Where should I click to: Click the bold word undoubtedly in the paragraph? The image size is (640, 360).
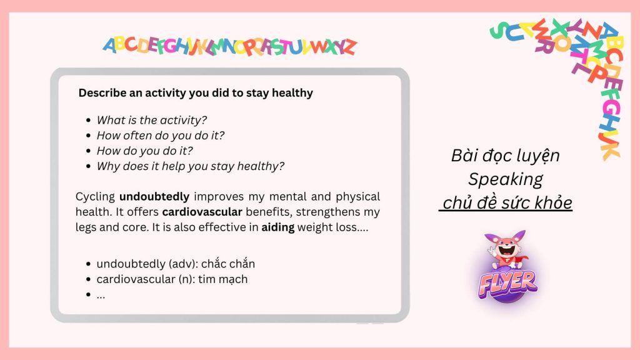pos(154,197)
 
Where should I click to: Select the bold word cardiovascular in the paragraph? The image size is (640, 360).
pos(202,212)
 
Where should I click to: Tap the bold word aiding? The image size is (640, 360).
pos(278,227)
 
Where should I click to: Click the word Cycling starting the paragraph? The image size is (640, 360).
pos(95,197)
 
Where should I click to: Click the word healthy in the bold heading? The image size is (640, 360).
pos(292,94)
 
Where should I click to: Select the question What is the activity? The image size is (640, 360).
pos(151,120)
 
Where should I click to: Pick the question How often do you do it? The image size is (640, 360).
pos(161,136)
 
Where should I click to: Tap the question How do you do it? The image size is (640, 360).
pos(144,151)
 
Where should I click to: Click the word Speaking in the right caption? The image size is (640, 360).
pos(505,179)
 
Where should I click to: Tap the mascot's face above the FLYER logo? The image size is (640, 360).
pos(506,246)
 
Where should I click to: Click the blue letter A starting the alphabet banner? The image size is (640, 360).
pos(109,45)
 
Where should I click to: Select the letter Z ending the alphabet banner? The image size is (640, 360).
pos(349,47)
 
